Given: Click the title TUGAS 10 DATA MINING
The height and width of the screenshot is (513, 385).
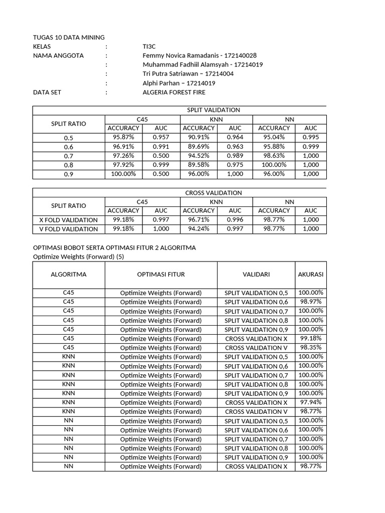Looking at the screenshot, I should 69,38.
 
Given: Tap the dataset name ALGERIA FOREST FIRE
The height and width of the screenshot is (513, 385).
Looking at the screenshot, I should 174,93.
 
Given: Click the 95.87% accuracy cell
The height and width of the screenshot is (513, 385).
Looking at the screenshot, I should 123,137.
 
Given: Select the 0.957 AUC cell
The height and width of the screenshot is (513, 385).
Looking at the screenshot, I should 161,137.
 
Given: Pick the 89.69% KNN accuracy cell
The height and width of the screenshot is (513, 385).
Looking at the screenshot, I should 199,147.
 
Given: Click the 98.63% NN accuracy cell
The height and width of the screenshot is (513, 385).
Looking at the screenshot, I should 274,156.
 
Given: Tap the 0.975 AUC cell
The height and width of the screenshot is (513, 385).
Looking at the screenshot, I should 235,165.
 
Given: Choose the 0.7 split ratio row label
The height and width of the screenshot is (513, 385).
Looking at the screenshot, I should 69,156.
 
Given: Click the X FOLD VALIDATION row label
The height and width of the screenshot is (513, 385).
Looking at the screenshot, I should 69,220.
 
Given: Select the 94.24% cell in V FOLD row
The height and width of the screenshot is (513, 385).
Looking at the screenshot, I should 199,229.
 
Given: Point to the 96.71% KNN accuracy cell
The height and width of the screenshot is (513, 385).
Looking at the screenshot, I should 199,220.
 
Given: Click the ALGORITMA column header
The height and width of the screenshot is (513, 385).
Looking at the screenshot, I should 69,275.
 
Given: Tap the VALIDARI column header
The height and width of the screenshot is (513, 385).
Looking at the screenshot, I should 256,275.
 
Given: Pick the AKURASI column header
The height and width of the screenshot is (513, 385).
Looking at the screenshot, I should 311,275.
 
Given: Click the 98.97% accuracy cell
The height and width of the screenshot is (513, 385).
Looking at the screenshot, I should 311,302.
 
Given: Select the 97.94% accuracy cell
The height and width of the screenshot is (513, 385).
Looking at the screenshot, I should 311,402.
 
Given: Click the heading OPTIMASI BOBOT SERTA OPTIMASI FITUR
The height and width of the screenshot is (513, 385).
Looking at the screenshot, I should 114,248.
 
